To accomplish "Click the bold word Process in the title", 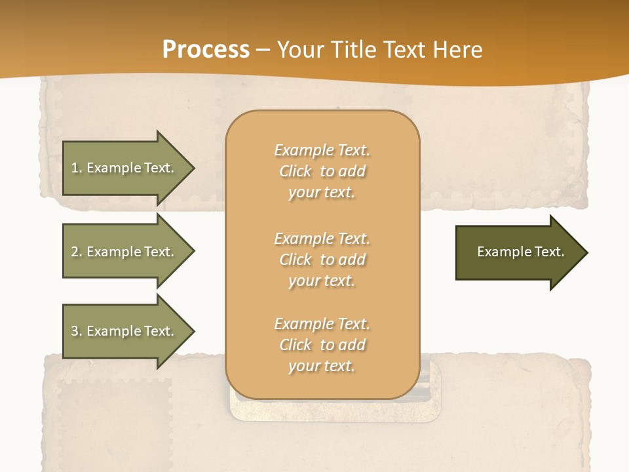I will click(x=206, y=50).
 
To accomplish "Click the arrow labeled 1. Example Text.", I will click(x=124, y=168).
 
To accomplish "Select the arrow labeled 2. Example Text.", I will click(x=124, y=252).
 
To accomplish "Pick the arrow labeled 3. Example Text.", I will click(x=124, y=331).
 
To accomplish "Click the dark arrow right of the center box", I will click(x=518, y=252).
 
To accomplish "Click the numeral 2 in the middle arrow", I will click(x=75, y=252).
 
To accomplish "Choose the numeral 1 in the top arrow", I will click(x=75, y=168).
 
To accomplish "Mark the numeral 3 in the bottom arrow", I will click(x=75, y=331).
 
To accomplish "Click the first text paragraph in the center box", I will click(x=322, y=171).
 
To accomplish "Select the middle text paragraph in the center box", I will click(x=322, y=260).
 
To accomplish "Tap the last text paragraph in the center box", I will click(x=322, y=345).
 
